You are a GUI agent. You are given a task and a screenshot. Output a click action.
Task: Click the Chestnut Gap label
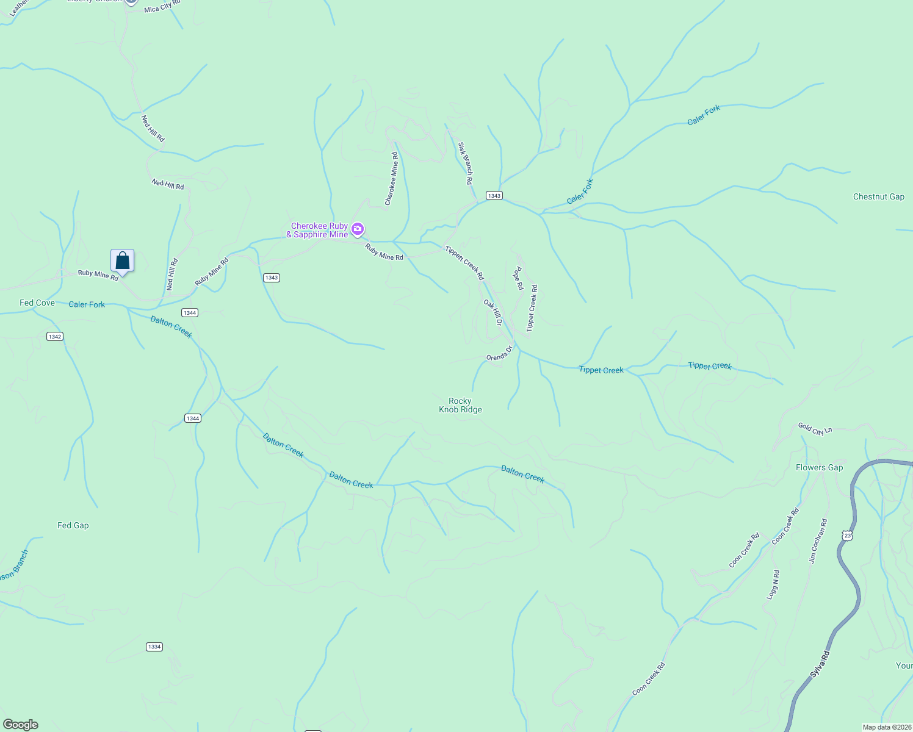point(878,196)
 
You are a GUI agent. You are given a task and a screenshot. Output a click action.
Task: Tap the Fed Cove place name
point(37,303)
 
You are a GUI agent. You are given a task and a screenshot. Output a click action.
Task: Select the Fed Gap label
point(73,525)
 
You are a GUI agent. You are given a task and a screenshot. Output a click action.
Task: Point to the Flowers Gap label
point(819,467)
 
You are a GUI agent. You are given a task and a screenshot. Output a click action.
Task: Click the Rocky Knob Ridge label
point(460,405)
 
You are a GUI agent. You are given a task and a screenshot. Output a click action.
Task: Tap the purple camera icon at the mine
point(358,230)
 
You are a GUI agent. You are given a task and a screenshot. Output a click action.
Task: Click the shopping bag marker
point(122,261)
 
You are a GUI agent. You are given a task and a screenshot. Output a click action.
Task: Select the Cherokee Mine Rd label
point(391,179)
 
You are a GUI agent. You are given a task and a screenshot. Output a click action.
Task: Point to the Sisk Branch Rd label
point(466,163)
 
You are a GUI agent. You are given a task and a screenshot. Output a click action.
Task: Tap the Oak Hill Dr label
point(493,312)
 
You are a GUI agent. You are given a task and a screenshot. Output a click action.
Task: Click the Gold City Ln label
point(815,429)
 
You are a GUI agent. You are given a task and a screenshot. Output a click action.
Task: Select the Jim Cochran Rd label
point(818,540)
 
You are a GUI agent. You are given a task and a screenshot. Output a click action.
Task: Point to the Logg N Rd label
point(773,584)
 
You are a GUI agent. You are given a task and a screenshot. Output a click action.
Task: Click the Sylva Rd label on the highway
point(820,664)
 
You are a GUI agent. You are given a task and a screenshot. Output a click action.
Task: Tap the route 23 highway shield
point(846,535)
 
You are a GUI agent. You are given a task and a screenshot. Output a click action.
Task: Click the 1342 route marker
point(55,337)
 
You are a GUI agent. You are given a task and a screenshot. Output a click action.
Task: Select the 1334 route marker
point(154,647)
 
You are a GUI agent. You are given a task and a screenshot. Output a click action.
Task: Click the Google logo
point(21,725)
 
